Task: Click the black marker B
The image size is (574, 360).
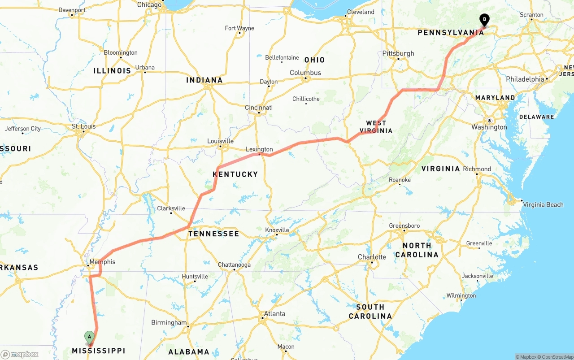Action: (484, 19)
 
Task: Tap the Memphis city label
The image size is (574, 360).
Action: (102, 262)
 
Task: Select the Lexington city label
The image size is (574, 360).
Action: (259, 149)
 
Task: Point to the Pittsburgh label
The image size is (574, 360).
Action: (398, 53)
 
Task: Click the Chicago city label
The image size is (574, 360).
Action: (149, 5)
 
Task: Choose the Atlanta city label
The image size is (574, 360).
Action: (274, 314)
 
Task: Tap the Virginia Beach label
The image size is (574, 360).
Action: (543, 205)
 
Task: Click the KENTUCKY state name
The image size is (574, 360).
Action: (235, 174)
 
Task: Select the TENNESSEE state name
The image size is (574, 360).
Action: (213, 234)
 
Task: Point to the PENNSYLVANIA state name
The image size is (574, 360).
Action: (451, 33)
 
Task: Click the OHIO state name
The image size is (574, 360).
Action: (314, 60)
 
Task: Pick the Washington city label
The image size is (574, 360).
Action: (489, 127)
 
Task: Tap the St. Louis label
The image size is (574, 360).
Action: (84, 126)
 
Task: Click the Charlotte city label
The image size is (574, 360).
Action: (372, 257)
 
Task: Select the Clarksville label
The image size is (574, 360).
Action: (171, 208)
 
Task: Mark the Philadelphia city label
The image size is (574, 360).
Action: (525, 79)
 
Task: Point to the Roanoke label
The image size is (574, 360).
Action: (400, 180)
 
